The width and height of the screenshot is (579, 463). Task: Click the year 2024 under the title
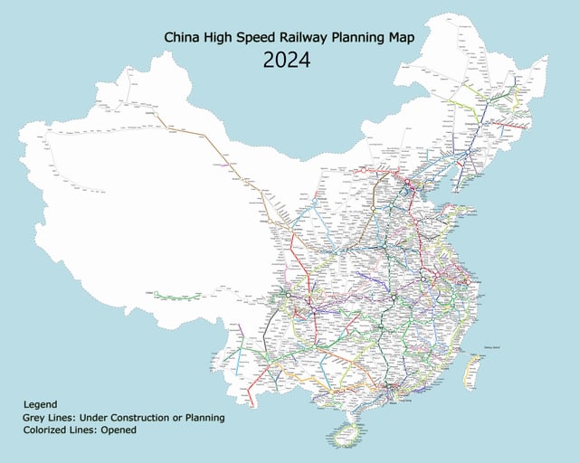(287, 61)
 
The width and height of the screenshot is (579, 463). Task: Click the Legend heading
(41, 404)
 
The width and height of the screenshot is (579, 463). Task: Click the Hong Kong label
(399, 395)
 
